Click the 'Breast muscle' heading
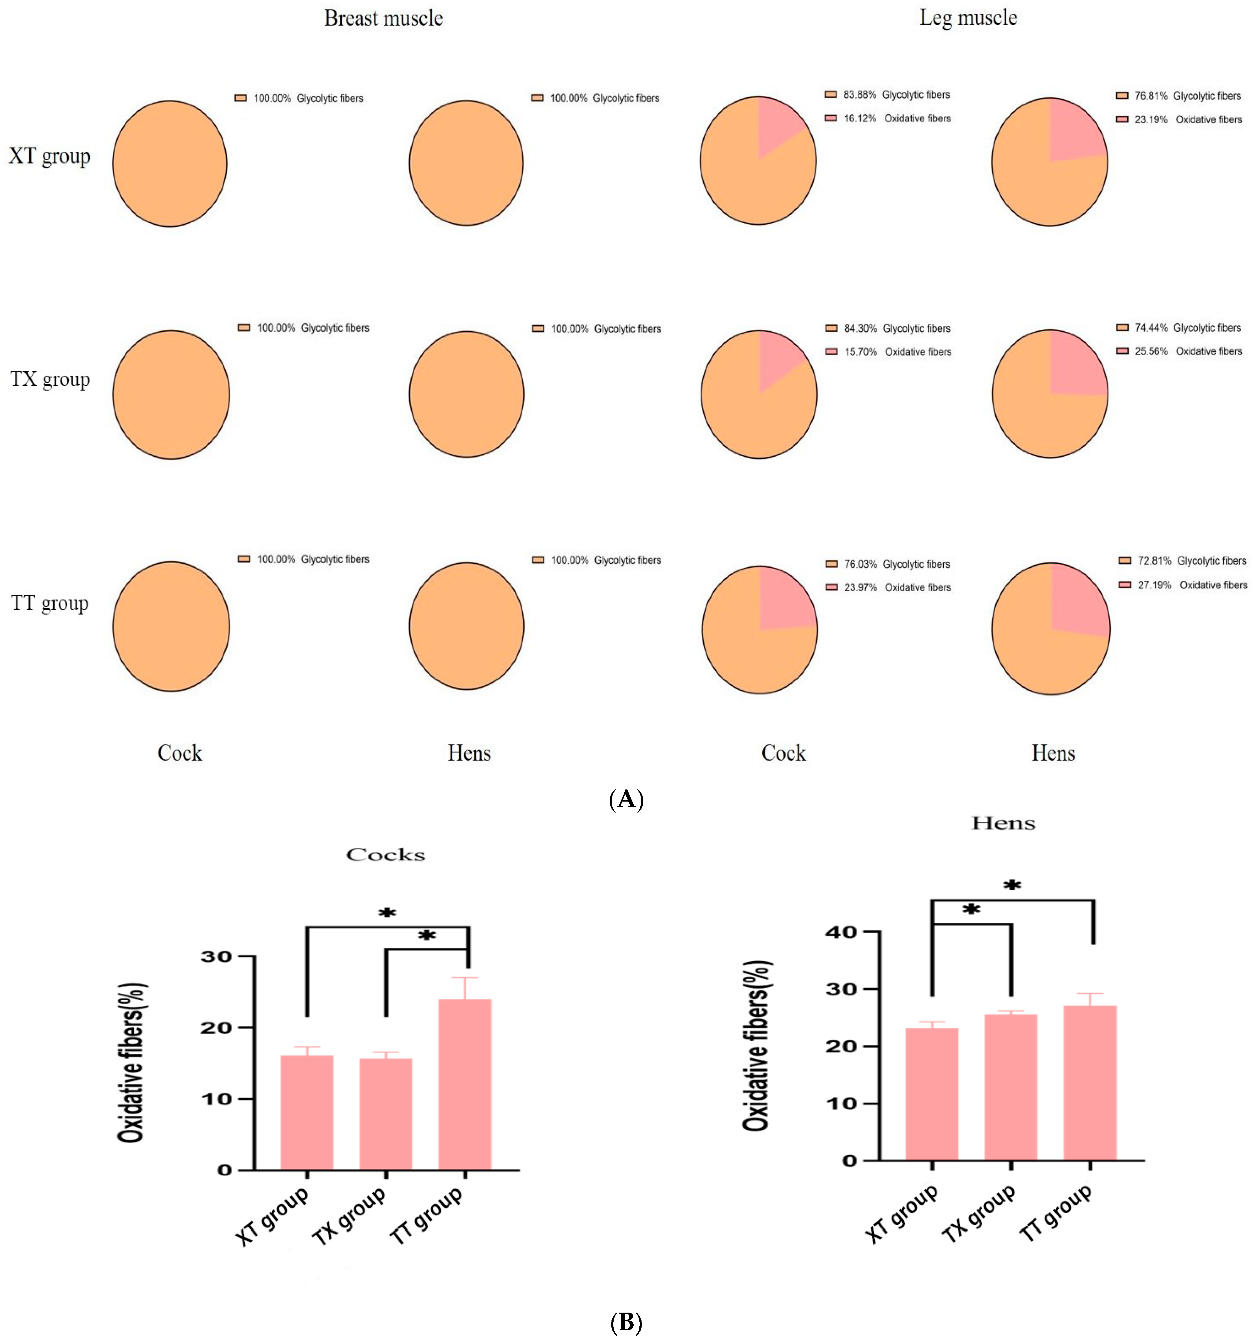click(x=383, y=18)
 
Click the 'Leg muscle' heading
click(x=968, y=18)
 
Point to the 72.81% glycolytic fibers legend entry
click(x=1182, y=561)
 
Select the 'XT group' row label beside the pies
click(x=49, y=157)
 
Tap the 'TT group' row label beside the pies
click(x=49, y=603)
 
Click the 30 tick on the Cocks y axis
click(x=216, y=957)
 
